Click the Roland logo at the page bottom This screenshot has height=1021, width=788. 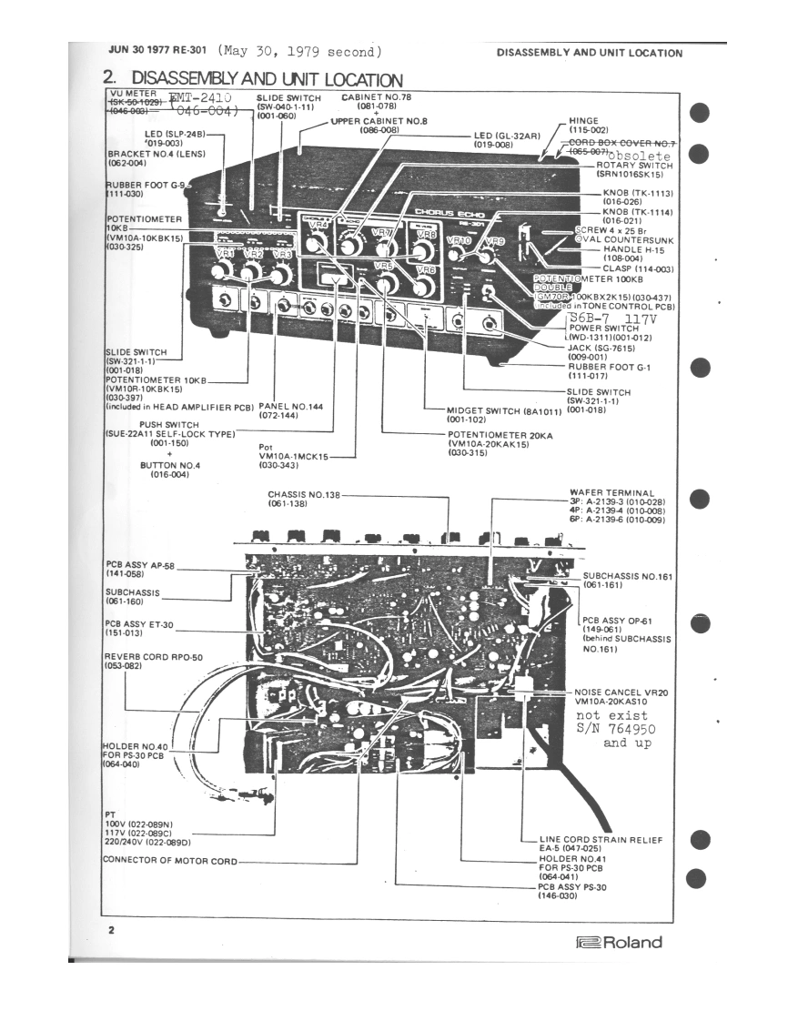pyautogui.click(x=619, y=942)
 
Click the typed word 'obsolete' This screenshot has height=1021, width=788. pyautogui.click(x=640, y=156)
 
